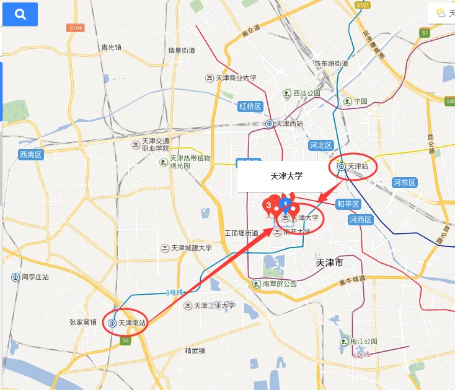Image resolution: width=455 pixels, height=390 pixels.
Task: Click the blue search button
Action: (20, 14)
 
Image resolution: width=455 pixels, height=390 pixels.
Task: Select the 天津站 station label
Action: (354, 166)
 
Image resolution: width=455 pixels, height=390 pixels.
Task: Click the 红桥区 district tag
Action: (250, 106)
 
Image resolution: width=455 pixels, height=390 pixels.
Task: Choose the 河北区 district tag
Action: (321, 145)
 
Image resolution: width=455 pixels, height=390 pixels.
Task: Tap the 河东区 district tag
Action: (405, 183)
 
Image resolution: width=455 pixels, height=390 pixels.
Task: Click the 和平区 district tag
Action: (348, 204)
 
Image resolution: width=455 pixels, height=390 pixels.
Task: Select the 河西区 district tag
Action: (360, 220)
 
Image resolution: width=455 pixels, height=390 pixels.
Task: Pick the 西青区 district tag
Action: (30, 155)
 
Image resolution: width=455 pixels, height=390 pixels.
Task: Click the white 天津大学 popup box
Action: (286, 176)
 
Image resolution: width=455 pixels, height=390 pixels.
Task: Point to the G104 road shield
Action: (76, 28)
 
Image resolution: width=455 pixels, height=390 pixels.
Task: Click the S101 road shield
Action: (363, 6)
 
